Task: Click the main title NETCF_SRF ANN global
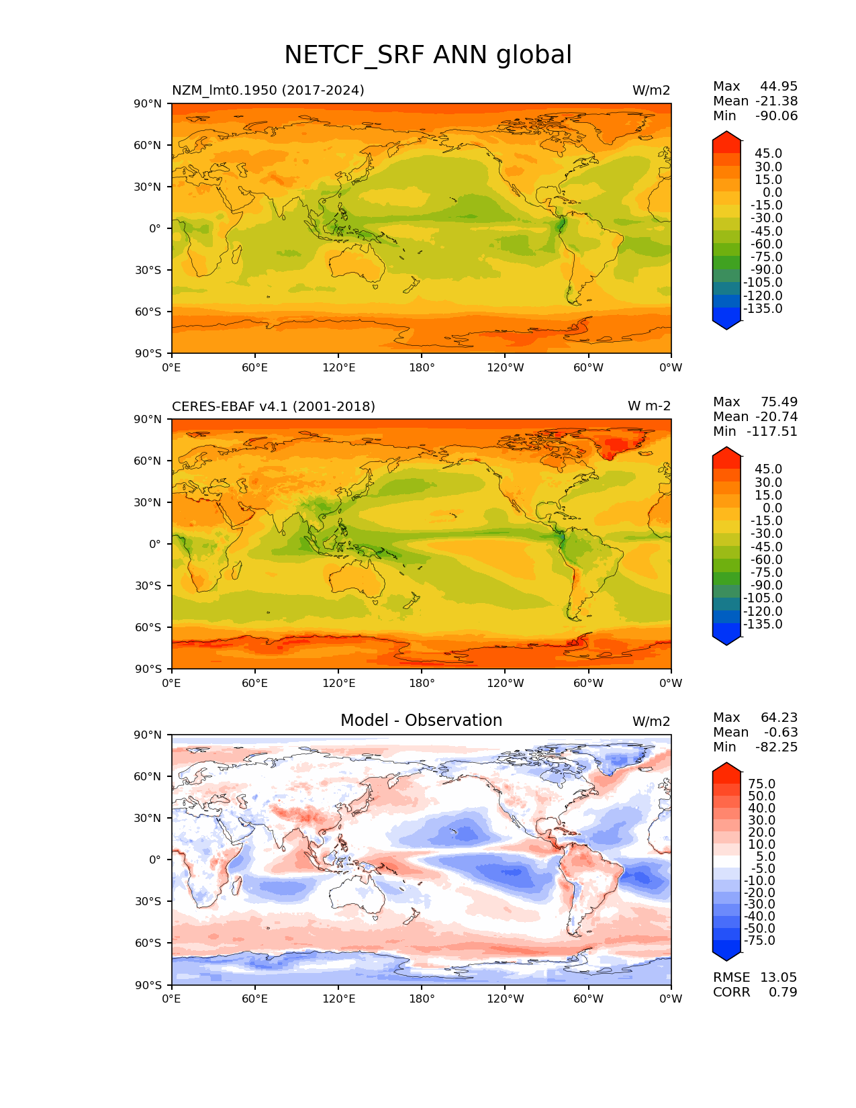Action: (x=428, y=55)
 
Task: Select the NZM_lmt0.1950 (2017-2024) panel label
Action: (x=268, y=90)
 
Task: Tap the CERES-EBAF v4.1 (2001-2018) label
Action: (x=273, y=406)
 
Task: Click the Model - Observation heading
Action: (x=421, y=721)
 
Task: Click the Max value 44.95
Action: (x=779, y=86)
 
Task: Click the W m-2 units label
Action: (x=649, y=406)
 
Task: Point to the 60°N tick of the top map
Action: (x=150, y=145)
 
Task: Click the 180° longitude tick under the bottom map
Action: (x=422, y=999)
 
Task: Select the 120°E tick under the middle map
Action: (x=338, y=683)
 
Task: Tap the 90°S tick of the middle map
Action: (x=150, y=669)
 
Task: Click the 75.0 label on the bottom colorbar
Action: (x=762, y=784)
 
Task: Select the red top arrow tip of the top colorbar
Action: (x=726, y=134)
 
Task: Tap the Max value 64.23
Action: (x=779, y=717)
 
